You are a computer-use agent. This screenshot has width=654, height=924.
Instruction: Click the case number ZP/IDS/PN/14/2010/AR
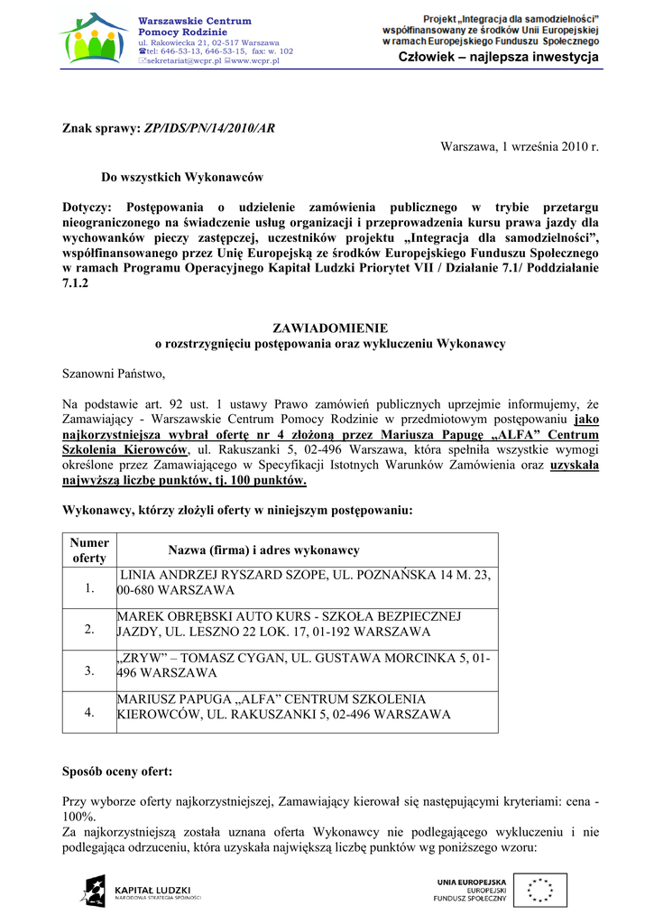pyautogui.click(x=209, y=129)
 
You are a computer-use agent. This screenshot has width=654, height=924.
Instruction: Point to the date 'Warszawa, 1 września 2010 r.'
pyautogui.click(x=520, y=146)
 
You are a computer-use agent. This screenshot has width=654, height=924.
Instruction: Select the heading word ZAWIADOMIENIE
pyautogui.click(x=330, y=328)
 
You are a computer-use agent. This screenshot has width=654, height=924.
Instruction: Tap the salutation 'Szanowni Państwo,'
pyautogui.click(x=114, y=373)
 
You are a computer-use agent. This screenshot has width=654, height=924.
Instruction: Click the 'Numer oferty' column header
pyautogui.click(x=89, y=550)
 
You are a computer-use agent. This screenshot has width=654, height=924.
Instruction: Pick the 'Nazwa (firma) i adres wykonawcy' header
pyautogui.click(x=263, y=550)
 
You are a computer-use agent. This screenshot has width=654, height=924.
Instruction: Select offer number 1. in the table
pyautogui.click(x=89, y=588)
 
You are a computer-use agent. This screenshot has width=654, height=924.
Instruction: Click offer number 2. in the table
pyautogui.click(x=89, y=629)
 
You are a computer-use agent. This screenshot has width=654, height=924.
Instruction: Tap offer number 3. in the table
pyautogui.click(x=89, y=670)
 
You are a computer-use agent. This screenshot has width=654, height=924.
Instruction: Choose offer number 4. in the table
pyautogui.click(x=89, y=712)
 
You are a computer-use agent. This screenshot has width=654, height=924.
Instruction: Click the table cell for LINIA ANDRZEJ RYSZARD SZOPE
pyautogui.click(x=305, y=582)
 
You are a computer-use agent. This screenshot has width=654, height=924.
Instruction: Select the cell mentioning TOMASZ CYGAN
pyautogui.click(x=305, y=665)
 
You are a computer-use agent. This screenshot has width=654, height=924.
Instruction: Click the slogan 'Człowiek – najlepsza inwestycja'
pyautogui.click(x=499, y=58)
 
